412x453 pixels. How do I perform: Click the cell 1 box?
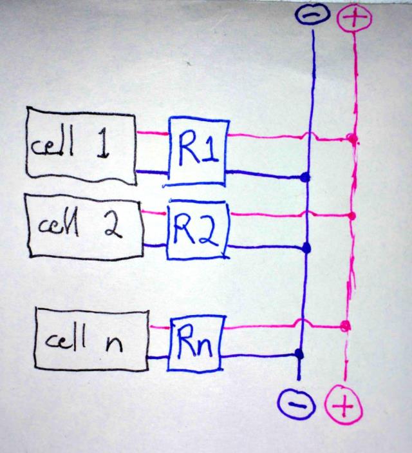[80, 147]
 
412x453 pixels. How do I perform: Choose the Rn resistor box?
[194, 342]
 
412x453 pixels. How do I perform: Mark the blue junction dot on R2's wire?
[307, 248]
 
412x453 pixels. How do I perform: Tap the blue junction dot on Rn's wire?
[299, 353]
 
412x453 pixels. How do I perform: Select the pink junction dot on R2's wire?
[351, 215]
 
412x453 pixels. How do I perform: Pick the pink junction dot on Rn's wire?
[346, 325]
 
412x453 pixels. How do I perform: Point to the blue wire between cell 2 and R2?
[154, 244]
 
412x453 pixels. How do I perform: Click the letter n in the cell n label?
[113, 342]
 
